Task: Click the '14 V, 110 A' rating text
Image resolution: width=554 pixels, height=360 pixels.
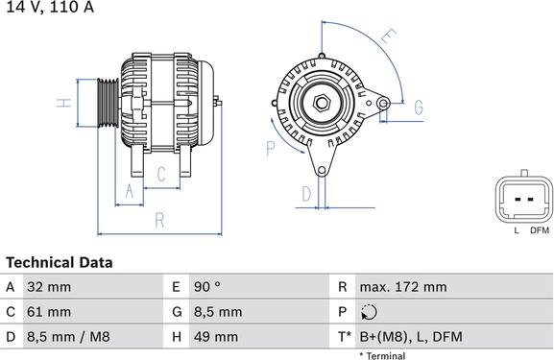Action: click(50, 7)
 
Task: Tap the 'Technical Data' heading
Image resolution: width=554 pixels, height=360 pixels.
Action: click(60, 262)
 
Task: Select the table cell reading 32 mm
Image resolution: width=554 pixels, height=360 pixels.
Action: click(49, 287)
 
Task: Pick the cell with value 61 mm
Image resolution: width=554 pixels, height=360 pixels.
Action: click(49, 312)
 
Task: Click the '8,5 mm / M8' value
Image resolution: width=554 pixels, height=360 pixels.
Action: click(68, 337)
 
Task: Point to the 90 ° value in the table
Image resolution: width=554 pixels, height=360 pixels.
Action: click(207, 287)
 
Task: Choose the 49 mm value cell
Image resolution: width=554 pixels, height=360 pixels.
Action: click(216, 337)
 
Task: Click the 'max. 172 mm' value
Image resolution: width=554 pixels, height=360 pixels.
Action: click(403, 287)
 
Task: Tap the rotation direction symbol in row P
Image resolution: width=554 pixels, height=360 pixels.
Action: click(369, 312)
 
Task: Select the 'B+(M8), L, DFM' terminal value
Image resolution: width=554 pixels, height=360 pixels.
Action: click(411, 337)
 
